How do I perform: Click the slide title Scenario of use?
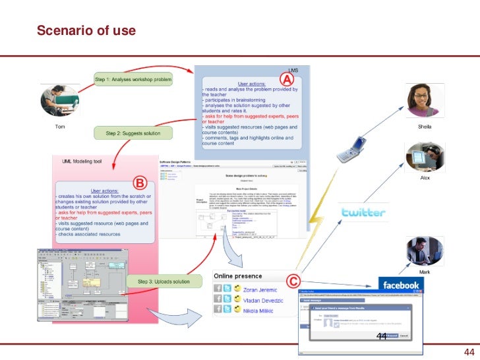(86, 30)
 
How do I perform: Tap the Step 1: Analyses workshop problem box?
(133, 80)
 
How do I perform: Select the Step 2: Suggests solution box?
(138, 133)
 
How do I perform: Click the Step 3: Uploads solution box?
(164, 282)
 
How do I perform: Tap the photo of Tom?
(59, 101)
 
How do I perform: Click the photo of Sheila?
(424, 102)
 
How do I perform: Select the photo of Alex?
(424, 158)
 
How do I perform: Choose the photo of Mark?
(424, 251)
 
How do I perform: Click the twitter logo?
(363, 212)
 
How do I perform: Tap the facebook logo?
(401, 285)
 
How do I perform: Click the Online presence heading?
(237, 276)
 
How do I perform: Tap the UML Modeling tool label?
(82, 160)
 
